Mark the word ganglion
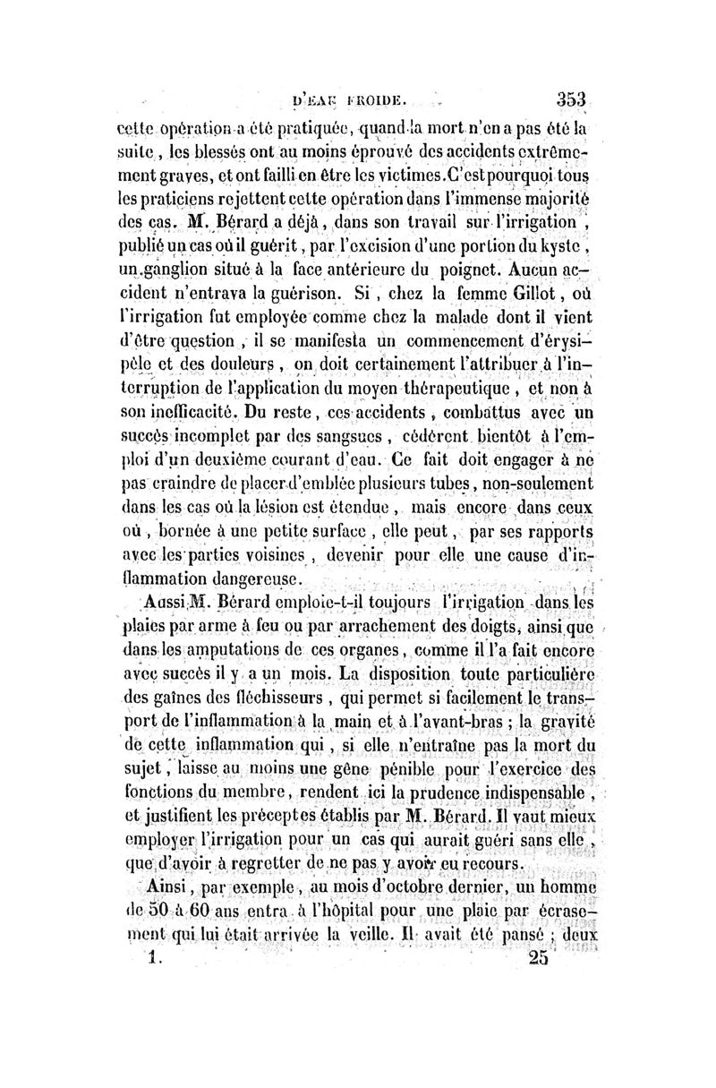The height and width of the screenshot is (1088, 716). tap(194, 268)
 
